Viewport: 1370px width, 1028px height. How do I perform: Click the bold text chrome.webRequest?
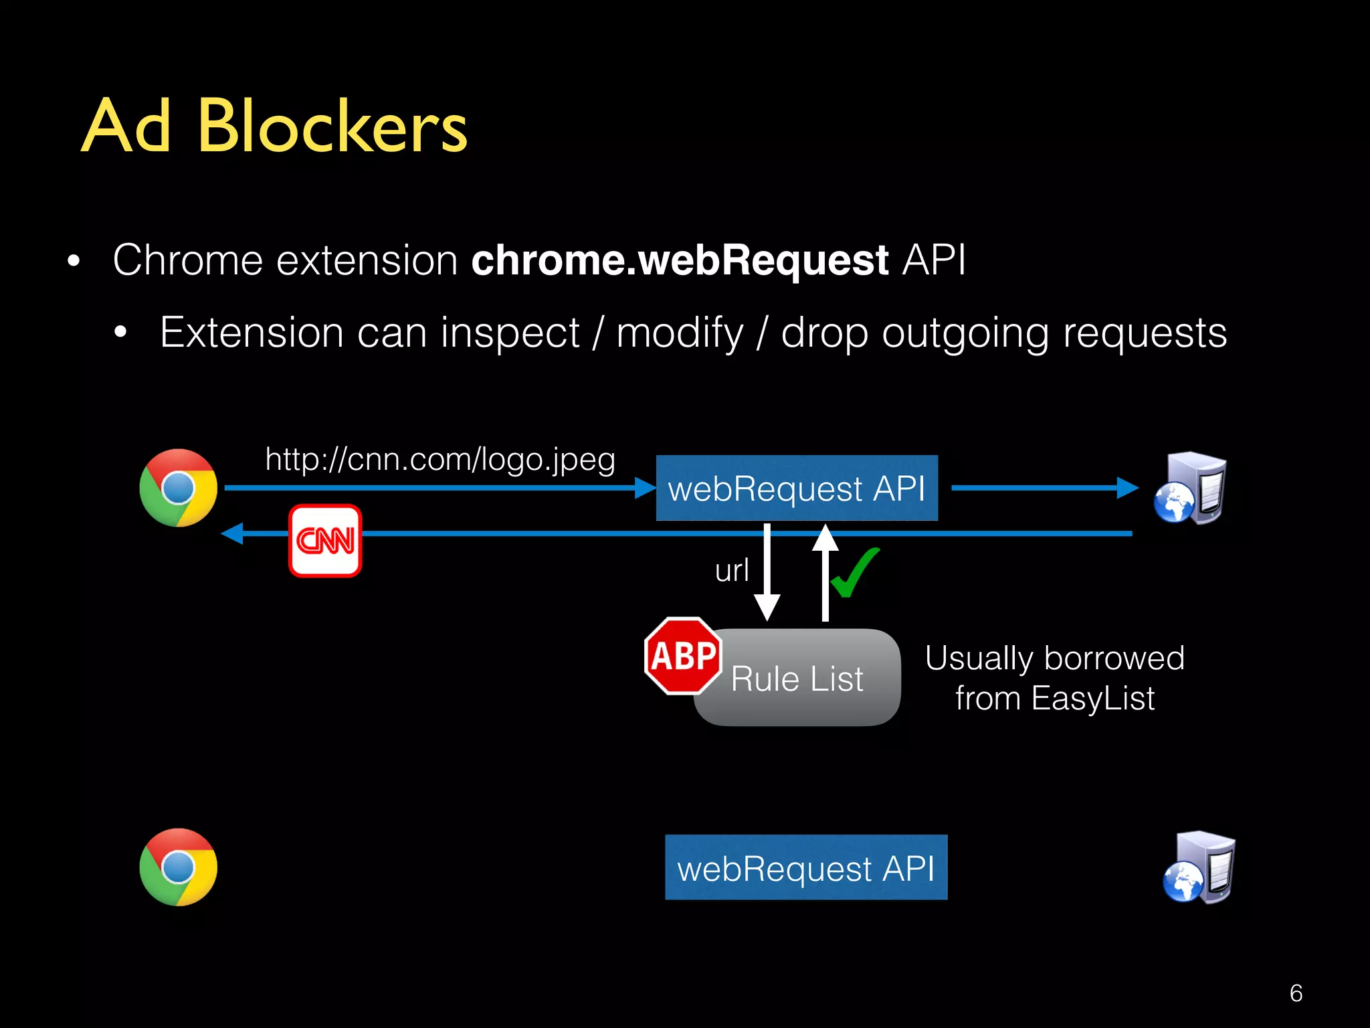point(680,260)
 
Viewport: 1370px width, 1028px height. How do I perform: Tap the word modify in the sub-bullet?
point(680,333)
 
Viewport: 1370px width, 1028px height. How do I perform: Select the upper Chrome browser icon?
point(178,488)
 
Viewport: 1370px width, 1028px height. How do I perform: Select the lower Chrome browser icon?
point(178,867)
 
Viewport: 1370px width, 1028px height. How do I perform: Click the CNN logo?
point(325,540)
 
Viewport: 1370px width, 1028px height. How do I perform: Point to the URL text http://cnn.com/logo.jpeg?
point(439,460)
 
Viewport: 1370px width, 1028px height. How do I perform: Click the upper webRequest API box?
point(796,488)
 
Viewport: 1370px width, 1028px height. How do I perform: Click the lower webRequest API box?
point(805,867)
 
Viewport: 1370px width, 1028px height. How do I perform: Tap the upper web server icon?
point(1190,488)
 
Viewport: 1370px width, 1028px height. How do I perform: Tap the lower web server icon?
point(1199,867)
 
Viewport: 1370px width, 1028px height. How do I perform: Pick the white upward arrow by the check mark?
point(825,573)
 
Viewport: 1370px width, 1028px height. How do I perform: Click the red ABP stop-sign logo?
point(683,656)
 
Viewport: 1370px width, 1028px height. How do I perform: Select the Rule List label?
point(797,679)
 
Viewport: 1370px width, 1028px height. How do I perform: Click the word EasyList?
point(1092,699)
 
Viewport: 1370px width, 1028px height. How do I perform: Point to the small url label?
point(731,571)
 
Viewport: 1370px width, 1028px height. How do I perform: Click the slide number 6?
point(1296,993)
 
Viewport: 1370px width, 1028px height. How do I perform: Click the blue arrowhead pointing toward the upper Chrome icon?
point(233,533)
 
